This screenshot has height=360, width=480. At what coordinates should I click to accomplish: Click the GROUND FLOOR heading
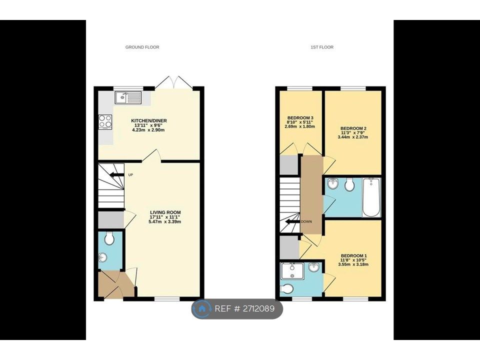142,47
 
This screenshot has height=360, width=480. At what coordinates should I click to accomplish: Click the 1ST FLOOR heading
322,47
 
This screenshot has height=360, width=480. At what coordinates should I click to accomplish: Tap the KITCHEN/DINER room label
149,120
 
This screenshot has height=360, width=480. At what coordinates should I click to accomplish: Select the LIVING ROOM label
165,212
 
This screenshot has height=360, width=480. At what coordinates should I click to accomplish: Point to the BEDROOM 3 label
300,118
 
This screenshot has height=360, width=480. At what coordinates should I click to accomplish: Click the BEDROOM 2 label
353,128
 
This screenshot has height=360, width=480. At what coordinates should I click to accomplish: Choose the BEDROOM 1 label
354,256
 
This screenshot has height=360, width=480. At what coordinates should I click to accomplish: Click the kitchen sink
128,97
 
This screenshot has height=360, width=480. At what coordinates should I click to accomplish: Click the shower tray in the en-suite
292,271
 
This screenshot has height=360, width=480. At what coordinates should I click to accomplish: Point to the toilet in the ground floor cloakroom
109,238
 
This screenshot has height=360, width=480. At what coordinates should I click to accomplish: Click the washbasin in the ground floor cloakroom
102,258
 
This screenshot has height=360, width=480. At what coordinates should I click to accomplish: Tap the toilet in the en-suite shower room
286,288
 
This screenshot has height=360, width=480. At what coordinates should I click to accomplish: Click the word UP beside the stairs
130,175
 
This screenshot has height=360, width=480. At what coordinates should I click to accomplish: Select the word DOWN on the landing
306,221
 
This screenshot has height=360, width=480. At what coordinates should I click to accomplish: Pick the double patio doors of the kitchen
174,82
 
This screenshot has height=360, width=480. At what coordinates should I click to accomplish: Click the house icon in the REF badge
202,308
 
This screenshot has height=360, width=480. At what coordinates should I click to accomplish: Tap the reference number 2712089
258,308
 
